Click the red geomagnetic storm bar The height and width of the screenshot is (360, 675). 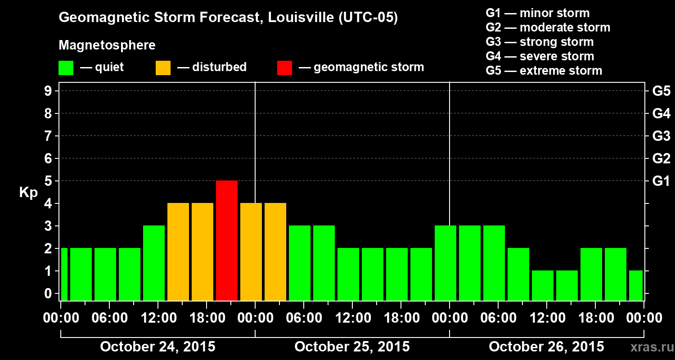pyautogui.click(x=227, y=240)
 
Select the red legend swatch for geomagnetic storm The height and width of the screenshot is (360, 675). pyautogui.click(x=284, y=67)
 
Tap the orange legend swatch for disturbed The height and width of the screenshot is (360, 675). pyautogui.click(x=163, y=67)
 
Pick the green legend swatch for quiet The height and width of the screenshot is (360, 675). pyautogui.click(x=66, y=67)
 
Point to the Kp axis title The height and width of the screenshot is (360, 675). pyautogui.click(x=28, y=193)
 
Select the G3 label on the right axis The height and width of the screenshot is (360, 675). pyautogui.click(x=661, y=136)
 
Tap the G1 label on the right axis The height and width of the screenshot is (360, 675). pyautogui.click(x=661, y=181)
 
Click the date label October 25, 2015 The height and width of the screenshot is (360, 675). pyautogui.click(x=352, y=347)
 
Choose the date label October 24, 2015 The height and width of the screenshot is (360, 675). pyautogui.click(x=157, y=347)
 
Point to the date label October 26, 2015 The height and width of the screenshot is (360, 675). pyautogui.click(x=546, y=347)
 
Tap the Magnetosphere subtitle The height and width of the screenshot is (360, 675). pyautogui.click(x=107, y=45)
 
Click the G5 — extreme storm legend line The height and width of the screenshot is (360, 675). pyautogui.click(x=544, y=71)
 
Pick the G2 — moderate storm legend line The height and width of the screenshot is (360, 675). pyautogui.click(x=548, y=27)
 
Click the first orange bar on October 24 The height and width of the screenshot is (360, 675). pyautogui.click(x=178, y=252)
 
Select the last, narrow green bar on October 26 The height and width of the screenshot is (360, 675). pyautogui.click(x=636, y=285)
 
